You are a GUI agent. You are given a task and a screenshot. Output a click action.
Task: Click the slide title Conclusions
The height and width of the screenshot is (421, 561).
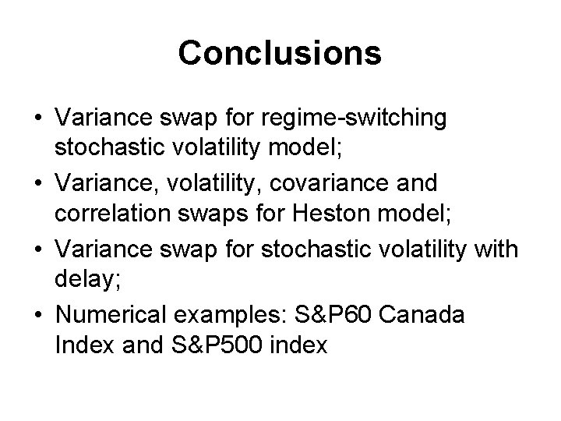tap(280, 54)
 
